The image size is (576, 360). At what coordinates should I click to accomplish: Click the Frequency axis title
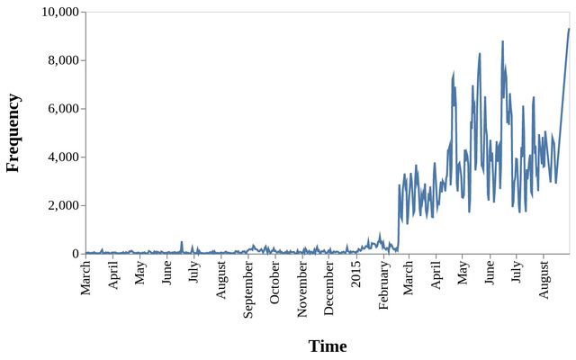tap(13, 132)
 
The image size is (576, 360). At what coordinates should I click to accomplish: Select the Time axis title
tap(328, 346)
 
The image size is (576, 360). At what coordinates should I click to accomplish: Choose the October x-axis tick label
tap(275, 284)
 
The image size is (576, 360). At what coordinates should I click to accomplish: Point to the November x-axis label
tap(302, 289)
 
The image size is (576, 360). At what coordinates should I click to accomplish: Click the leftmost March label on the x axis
tap(86, 278)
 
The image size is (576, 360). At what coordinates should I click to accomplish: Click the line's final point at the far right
tap(569, 29)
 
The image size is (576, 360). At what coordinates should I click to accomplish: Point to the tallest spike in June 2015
tap(502, 41)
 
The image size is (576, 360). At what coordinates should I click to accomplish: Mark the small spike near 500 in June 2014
tap(182, 241)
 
